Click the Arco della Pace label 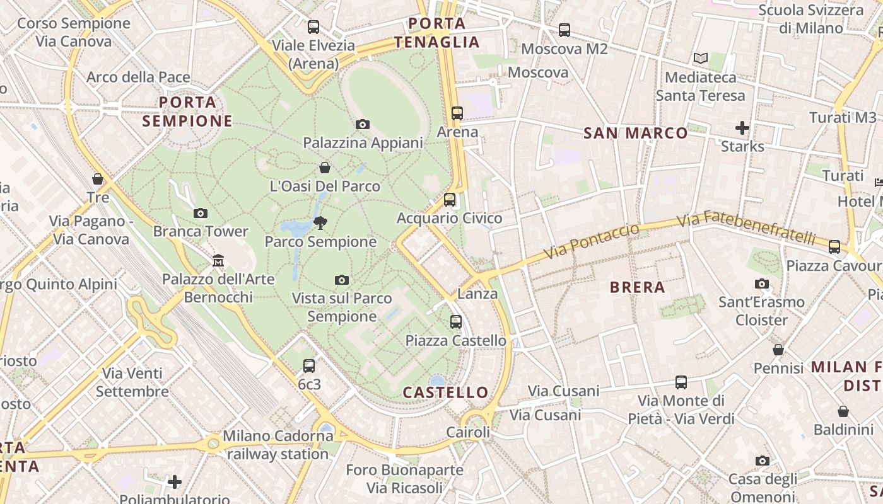pyautogui.click(x=138, y=77)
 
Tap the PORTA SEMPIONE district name pyautogui.click(x=187, y=112)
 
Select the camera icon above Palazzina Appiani pyautogui.click(x=363, y=125)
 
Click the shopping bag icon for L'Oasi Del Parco pyautogui.click(x=325, y=168)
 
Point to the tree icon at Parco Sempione pyautogui.click(x=320, y=222)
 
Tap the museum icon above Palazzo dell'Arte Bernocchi pyautogui.click(x=218, y=260)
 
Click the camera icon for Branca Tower pyautogui.click(x=201, y=214)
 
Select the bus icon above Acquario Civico pyautogui.click(x=450, y=200)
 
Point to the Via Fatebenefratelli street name pyautogui.click(x=746, y=229)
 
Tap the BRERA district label pyautogui.click(x=638, y=288)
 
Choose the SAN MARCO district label pyautogui.click(x=635, y=133)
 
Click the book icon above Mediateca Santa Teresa pyautogui.click(x=701, y=59)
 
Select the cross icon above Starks pyautogui.click(x=742, y=129)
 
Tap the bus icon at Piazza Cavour pyautogui.click(x=834, y=247)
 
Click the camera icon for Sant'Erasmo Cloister pyautogui.click(x=762, y=284)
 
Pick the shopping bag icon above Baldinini pyautogui.click(x=843, y=412)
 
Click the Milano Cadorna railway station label pyautogui.click(x=276, y=445)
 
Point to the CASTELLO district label pyautogui.click(x=446, y=392)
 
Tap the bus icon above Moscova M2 pyautogui.click(x=564, y=30)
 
